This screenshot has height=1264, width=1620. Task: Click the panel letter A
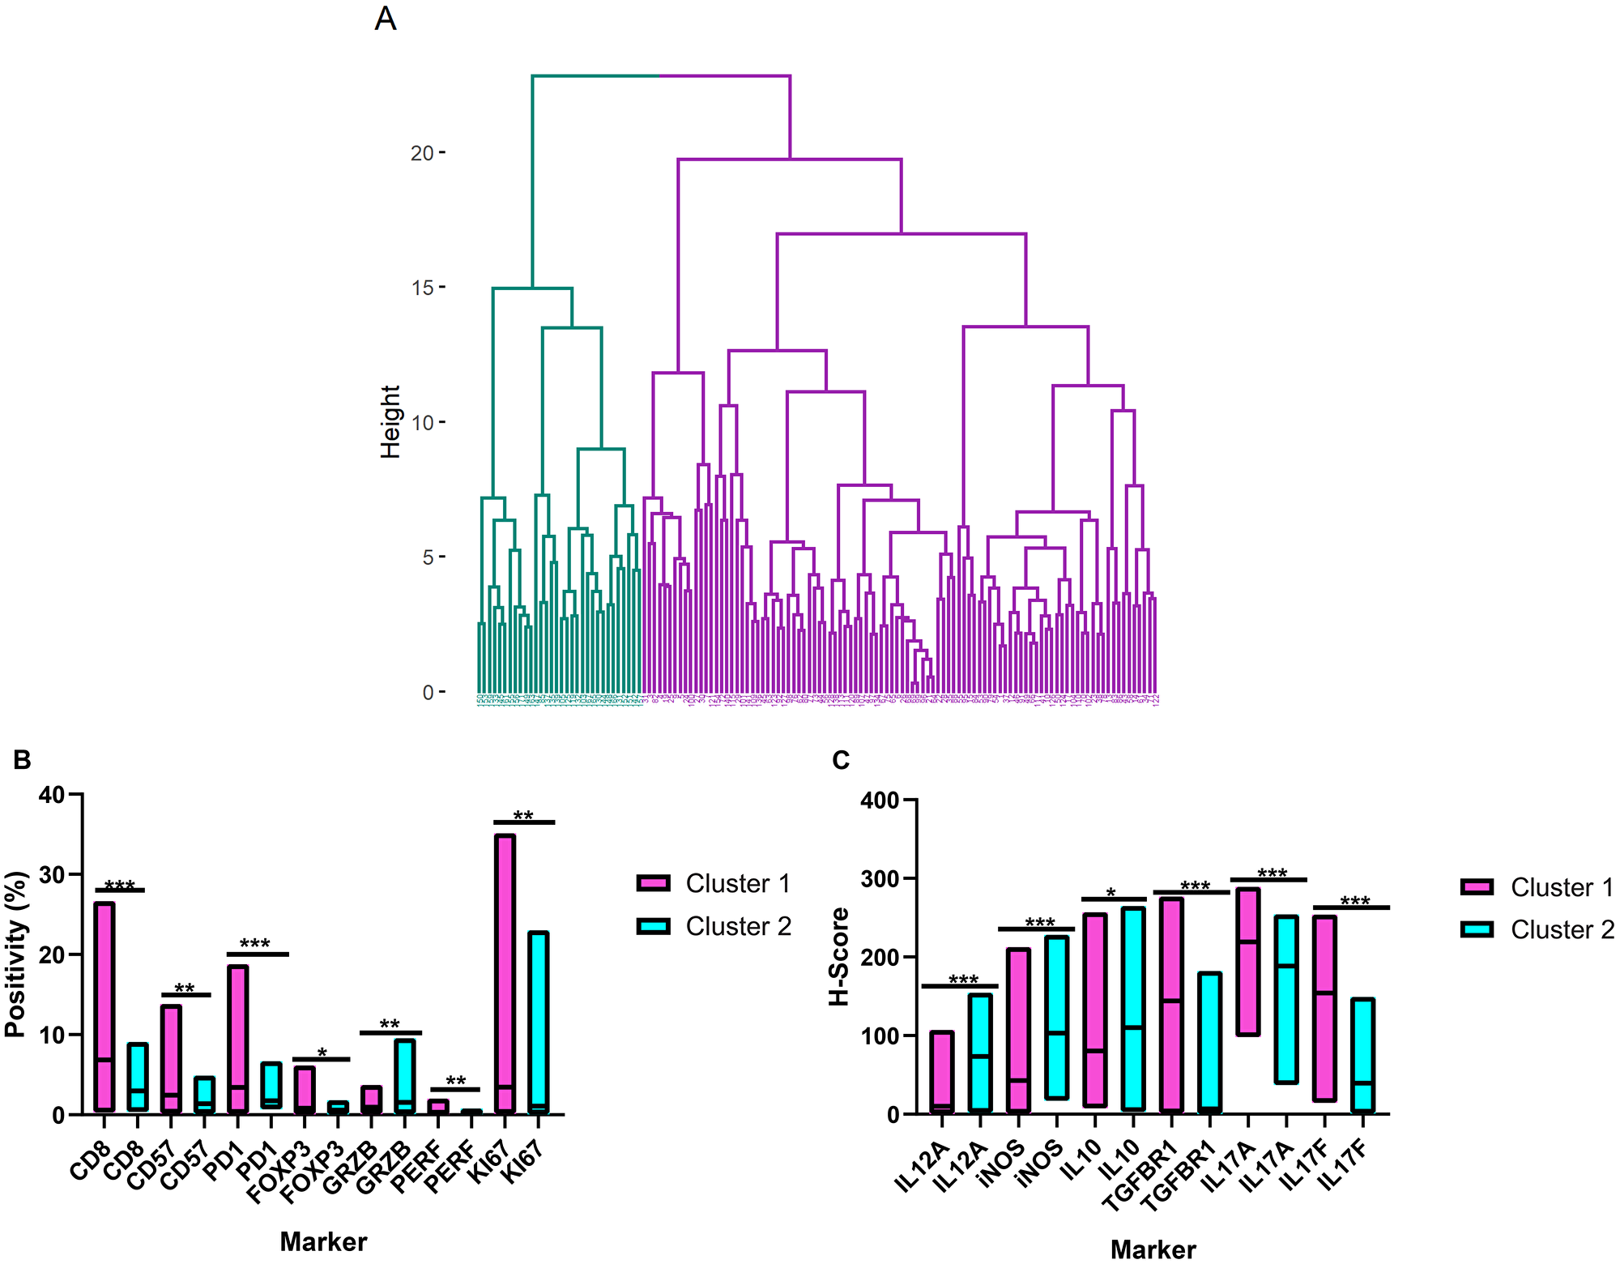click(x=386, y=18)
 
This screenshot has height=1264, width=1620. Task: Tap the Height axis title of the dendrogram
click(x=390, y=421)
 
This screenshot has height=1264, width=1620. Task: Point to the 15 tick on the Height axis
click(x=423, y=288)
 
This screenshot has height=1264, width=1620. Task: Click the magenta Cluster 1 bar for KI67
click(x=505, y=972)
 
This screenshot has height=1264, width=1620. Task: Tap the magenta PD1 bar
click(x=238, y=1039)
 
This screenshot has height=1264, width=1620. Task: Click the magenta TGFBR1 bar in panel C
click(x=1171, y=1005)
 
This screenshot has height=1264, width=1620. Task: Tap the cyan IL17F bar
click(x=1363, y=1055)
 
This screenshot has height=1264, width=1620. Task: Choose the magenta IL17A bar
click(x=1248, y=961)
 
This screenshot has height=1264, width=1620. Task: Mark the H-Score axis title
click(x=839, y=956)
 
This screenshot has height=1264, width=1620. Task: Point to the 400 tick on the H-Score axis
click(x=880, y=801)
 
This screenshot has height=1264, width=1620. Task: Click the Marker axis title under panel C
click(x=1153, y=1249)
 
